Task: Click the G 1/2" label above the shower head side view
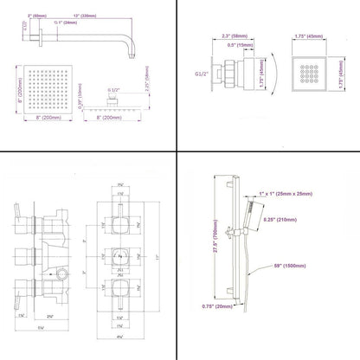pyautogui.click(x=112, y=89)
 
